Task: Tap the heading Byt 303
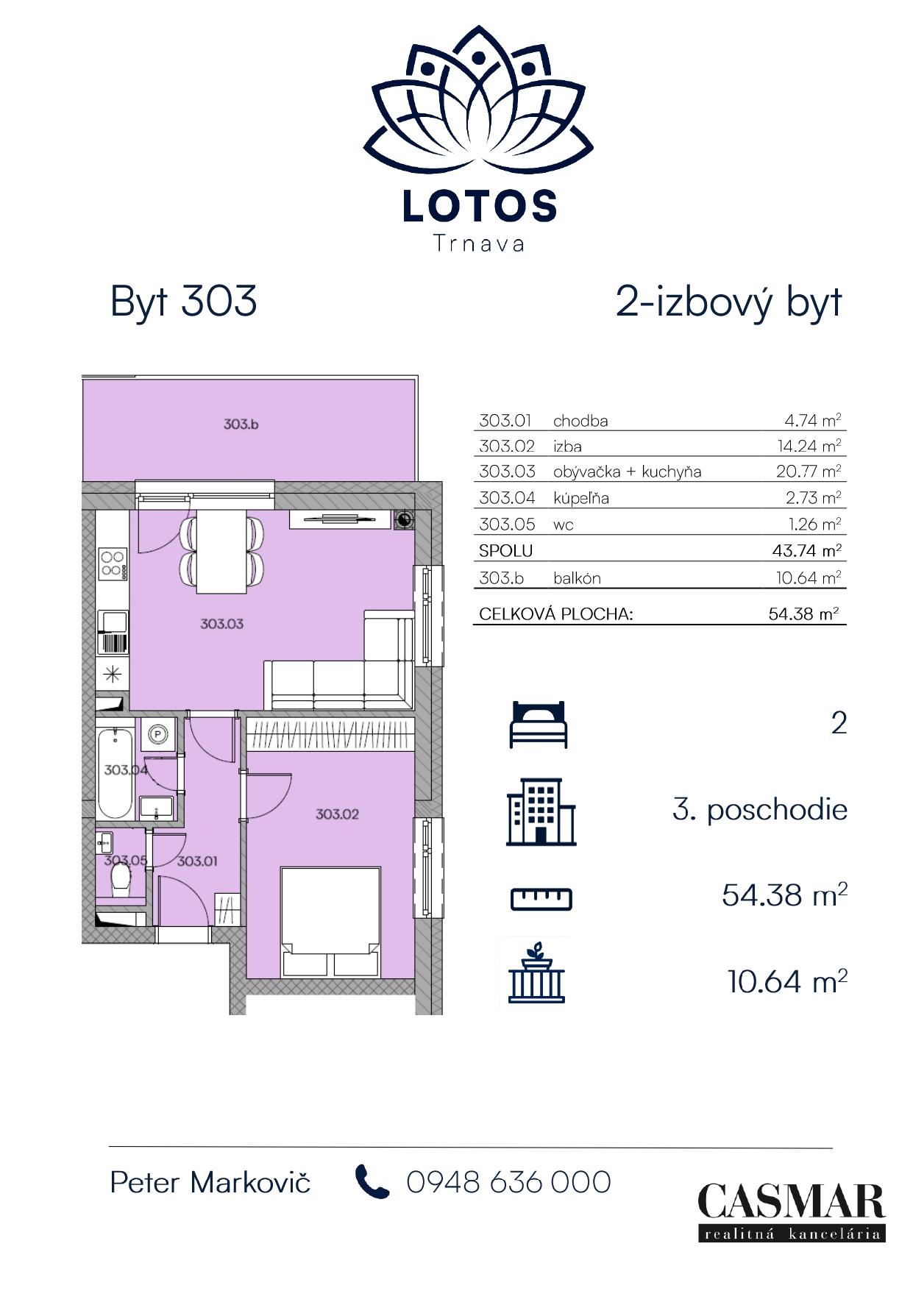click(183, 301)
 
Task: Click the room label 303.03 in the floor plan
click(221, 624)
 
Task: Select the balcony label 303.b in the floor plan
click(241, 424)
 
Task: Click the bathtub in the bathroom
click(116, 773)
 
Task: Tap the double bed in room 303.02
click(330, 922)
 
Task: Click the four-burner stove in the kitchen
click(113, 563)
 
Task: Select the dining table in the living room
click(221, 550)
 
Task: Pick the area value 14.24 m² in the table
click(809, 446)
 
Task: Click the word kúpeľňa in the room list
click(581, 498)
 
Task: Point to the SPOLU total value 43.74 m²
click(809, 550)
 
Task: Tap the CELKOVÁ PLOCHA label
click(555, 614)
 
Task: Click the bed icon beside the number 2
click(539, 724)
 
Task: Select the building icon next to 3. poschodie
click(541, 811)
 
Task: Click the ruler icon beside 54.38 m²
click(541, 898)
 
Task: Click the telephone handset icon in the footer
click(372, 1182)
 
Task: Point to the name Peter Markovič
click(210, 1182)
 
